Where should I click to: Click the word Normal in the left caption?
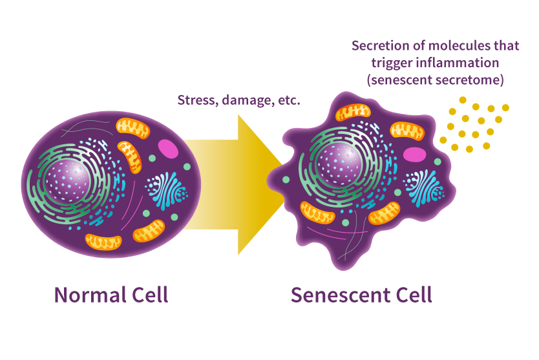(85, 295)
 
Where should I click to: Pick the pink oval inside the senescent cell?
(414, 154)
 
